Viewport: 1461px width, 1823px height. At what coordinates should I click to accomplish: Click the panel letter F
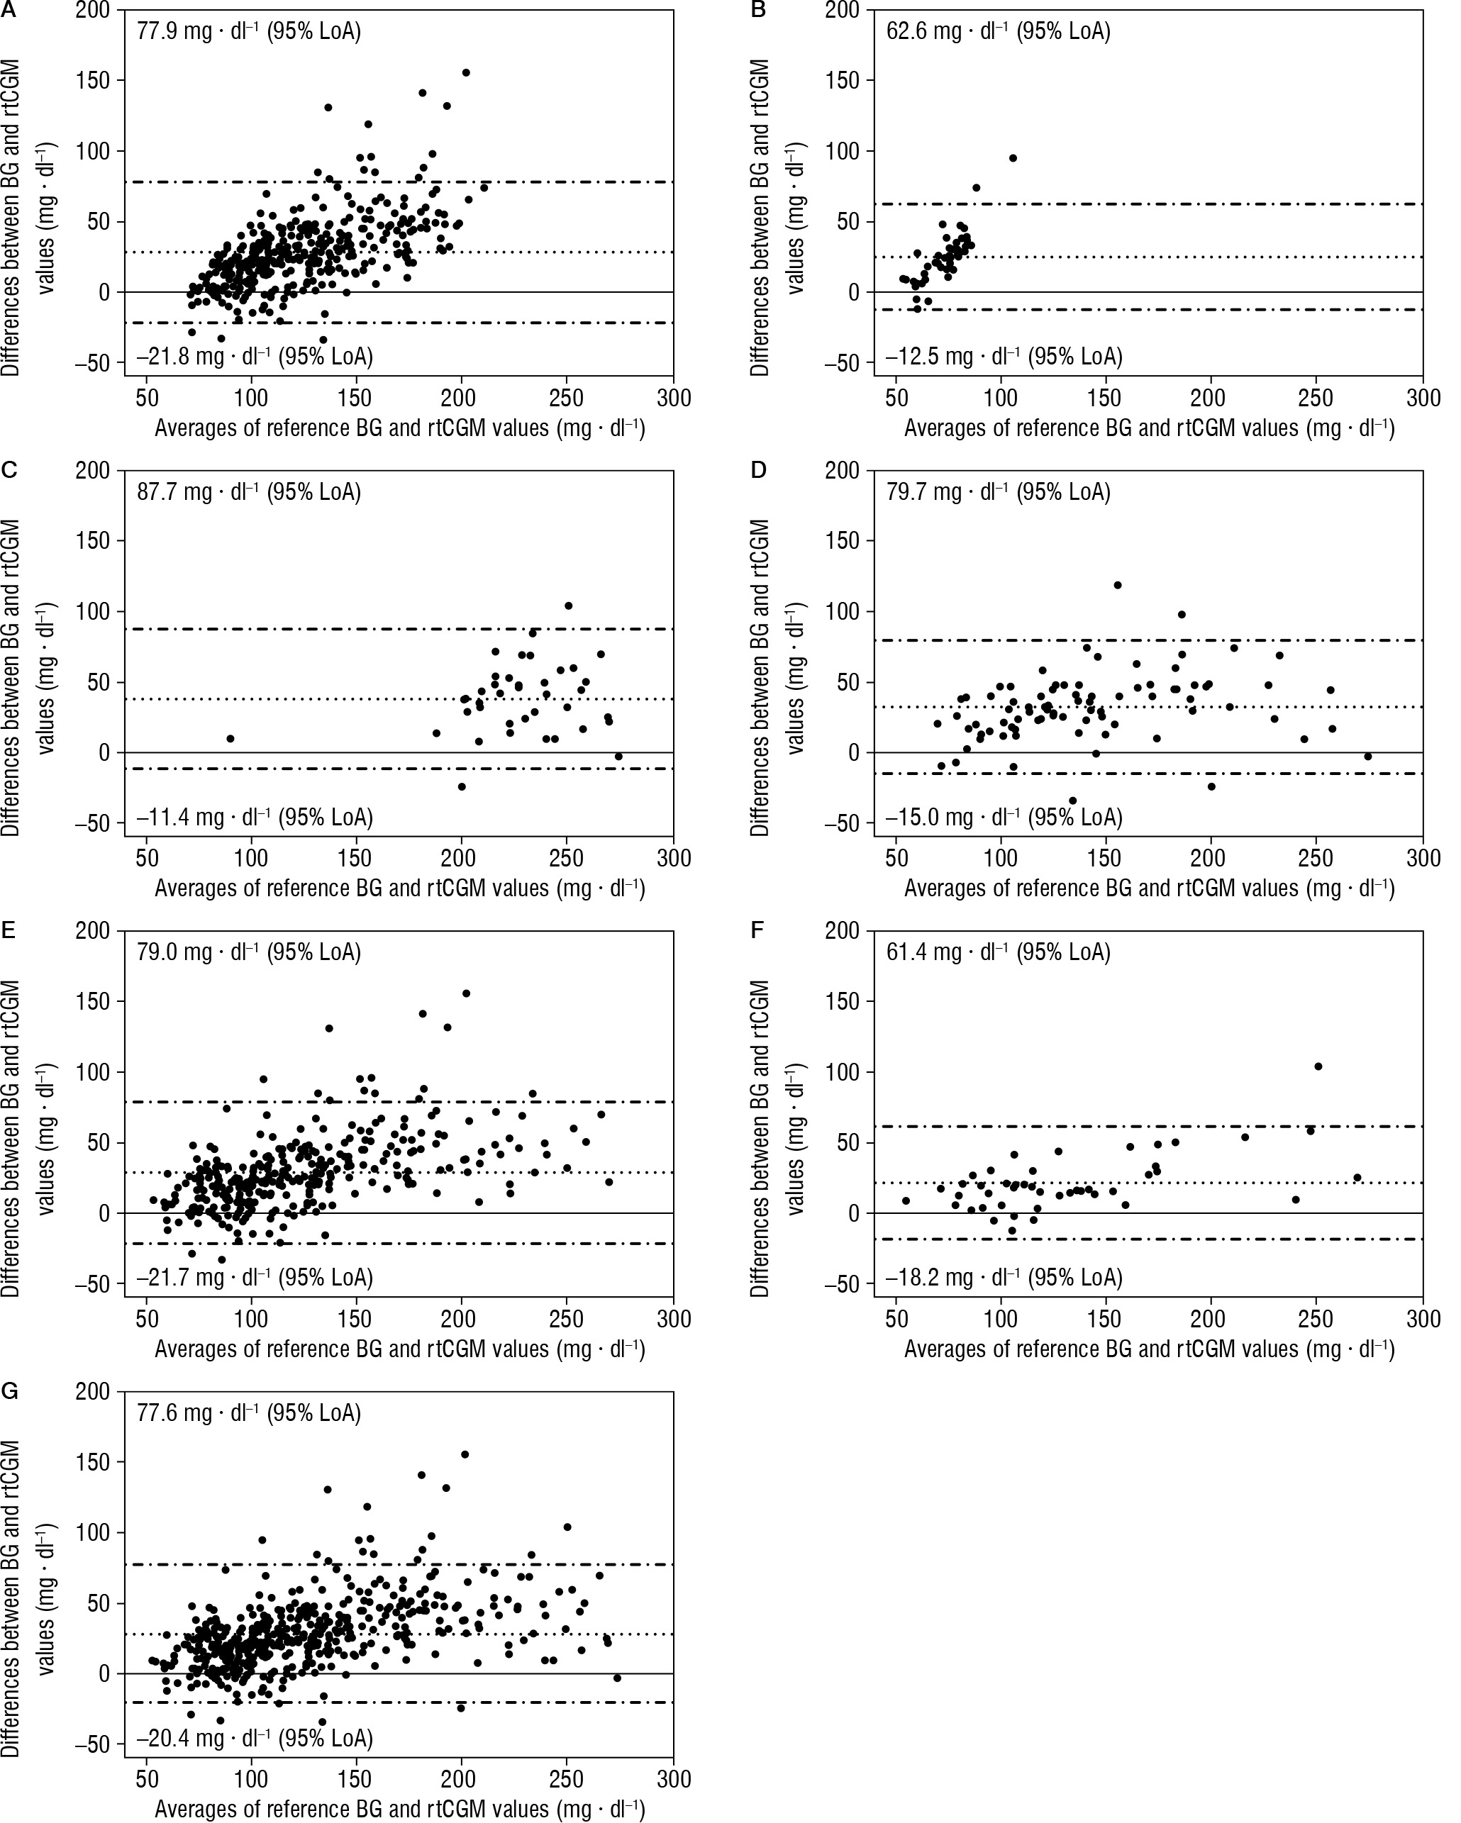758,930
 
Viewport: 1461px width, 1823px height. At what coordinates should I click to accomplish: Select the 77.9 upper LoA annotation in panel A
249,32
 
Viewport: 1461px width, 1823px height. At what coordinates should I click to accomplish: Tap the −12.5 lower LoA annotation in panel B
1004,357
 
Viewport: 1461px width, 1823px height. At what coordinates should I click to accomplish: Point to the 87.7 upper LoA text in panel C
249,492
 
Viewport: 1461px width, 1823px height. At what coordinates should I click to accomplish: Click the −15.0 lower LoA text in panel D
1004,818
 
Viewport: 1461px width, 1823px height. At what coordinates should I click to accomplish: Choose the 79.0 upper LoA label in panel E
249,952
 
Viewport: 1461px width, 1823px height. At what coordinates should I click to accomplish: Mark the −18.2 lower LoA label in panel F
1004,1277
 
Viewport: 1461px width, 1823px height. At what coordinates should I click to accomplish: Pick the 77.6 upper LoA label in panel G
249,1413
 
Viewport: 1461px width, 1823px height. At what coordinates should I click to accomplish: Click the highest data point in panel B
1013,158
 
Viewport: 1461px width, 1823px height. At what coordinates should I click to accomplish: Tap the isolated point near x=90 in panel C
230,738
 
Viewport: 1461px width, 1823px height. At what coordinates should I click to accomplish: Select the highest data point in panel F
1318,1066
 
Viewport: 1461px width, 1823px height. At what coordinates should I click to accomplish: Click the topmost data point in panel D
1118,585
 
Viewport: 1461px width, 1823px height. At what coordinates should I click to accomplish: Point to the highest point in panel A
465,73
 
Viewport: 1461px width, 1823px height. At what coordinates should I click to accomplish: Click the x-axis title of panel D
1149,888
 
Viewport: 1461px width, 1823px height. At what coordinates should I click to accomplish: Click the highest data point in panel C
569,606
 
